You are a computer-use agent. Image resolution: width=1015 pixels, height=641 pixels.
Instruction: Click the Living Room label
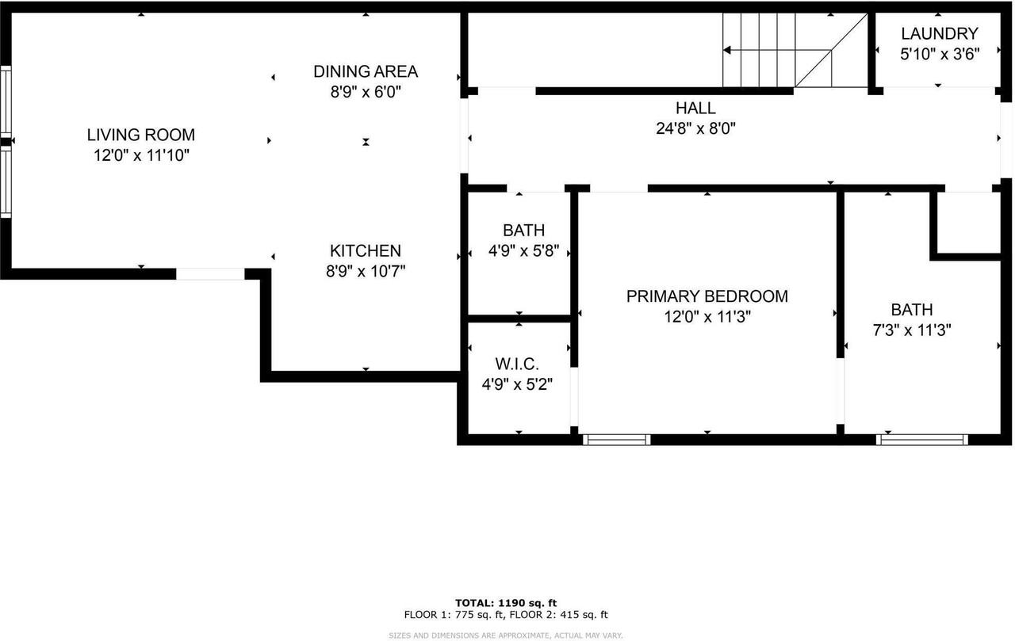[140, 135]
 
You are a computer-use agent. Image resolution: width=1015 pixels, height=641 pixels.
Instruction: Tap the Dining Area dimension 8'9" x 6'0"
[366, 92]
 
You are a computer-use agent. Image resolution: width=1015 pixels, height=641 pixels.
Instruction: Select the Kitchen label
[366, 250]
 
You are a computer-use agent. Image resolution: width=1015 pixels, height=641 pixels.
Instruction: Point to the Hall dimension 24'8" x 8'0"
[695, 128]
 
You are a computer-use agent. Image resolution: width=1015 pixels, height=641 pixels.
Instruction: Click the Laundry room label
[939, 33]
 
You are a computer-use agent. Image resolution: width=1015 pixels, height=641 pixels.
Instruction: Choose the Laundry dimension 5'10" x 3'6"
[939, 54]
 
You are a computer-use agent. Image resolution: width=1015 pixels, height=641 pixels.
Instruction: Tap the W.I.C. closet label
[517, 364]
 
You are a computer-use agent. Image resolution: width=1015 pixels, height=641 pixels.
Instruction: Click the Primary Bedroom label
[707, 296]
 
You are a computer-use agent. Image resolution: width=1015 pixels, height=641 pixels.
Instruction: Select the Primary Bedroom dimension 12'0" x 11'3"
[707, 317]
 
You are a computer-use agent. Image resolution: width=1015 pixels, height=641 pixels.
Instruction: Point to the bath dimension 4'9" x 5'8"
[523, 251]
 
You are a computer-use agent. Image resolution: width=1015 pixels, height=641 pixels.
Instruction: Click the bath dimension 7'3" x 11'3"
[911, 330]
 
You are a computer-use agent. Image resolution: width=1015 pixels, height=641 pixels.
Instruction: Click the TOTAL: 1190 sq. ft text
[506, 603]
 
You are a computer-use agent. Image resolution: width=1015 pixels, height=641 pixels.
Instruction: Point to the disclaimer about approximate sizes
[506, 635]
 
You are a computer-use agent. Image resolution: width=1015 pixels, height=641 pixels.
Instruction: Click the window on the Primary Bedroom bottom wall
[616, 440]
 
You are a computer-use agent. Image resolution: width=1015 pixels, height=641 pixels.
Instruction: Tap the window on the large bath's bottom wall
[922, 440]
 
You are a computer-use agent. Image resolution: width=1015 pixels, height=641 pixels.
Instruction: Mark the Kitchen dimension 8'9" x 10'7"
[366, 271]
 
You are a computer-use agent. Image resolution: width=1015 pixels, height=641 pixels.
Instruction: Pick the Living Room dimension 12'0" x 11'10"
[140, 155]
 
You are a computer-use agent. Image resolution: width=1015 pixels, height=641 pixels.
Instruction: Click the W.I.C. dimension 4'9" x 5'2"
[517, 385]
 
